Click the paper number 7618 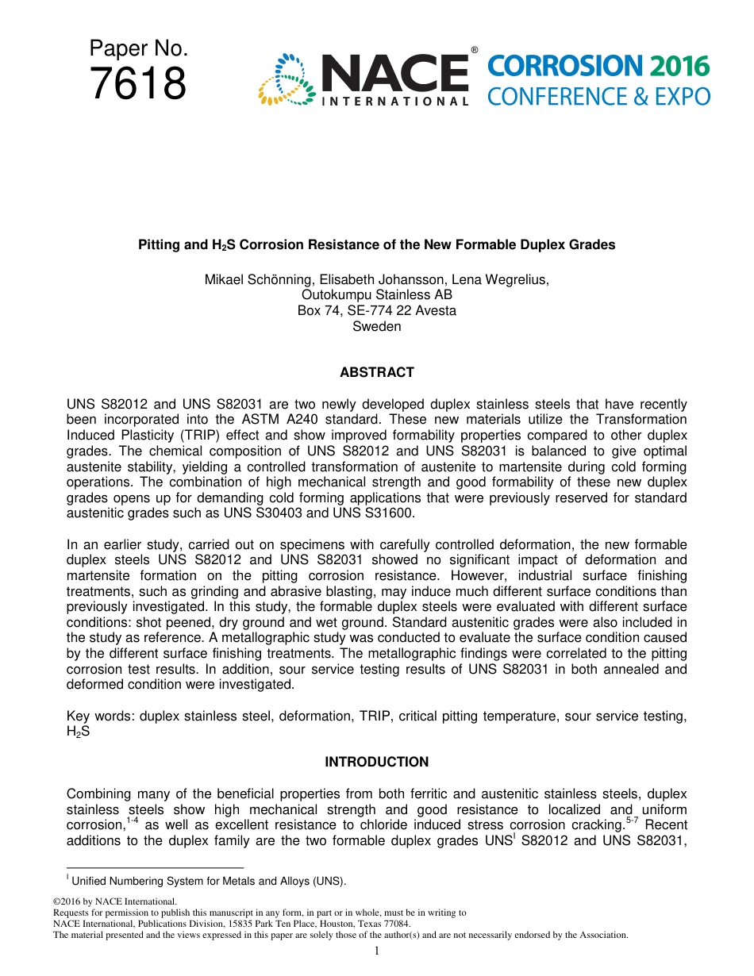(138, 84)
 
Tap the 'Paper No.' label (138, 49)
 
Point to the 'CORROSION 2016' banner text (598, 67)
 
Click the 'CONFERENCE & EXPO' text (598, 97)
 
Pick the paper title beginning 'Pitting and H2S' (376, 245)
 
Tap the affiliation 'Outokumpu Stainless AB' (376, 295)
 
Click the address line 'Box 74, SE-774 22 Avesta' (376, 311)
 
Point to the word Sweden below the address (376, 327)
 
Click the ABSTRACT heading (376, 372)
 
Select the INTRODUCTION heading (376, 762)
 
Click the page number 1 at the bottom (376, 951)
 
